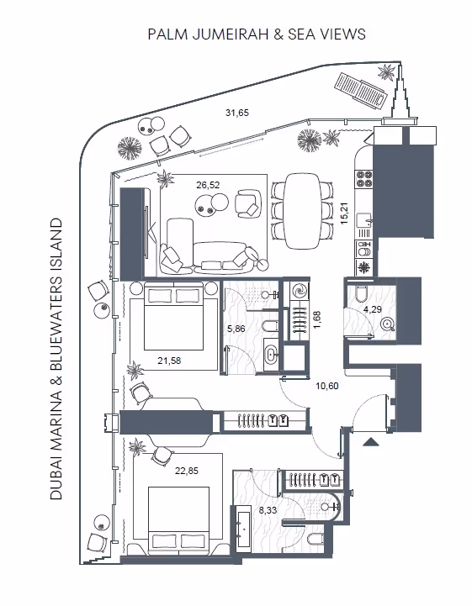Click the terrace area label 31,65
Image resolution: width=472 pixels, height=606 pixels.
coord(237,113)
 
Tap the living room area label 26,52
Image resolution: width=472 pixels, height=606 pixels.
coord(208,185)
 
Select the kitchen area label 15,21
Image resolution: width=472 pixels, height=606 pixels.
coord(344,213)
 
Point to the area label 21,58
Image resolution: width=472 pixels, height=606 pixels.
coord(169,361)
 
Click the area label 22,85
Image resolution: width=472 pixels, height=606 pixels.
coord(187,471)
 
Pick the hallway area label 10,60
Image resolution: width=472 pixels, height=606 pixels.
coord(327,386)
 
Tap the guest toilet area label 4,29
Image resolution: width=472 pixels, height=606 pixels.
coord(372,309)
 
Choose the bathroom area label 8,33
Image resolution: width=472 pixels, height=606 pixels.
coord(268,510)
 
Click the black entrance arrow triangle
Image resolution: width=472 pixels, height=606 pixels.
coord(371,442)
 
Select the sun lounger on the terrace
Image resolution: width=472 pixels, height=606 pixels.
coord(360,92)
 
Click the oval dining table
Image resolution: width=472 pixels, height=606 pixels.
coord(302,211)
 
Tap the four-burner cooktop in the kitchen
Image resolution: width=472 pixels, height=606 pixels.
coord(364,178)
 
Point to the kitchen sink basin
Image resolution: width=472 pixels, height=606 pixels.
coord(364,220)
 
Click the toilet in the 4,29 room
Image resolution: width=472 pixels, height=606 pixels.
coord(360,295)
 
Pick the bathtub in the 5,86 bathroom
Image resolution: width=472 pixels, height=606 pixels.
coord(271,355)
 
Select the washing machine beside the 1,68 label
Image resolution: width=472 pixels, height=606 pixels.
coord(300,291)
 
